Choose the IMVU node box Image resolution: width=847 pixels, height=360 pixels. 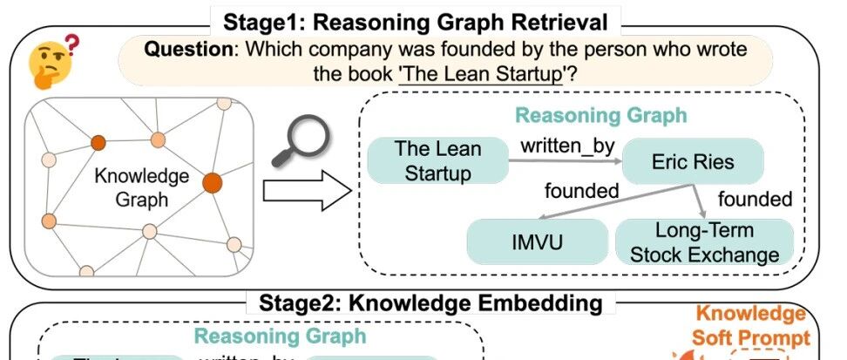click(537, 241)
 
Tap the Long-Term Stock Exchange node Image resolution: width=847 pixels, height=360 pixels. click(704, 242)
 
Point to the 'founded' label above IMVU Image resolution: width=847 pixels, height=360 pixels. click(581, 189)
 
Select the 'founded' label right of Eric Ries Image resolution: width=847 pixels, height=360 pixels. click(754, 200)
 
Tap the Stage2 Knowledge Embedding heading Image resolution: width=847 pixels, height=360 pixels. click(430, 303)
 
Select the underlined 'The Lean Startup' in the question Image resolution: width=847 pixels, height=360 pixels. click(480, 74)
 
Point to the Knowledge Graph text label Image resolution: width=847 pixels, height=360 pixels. click(141, 187)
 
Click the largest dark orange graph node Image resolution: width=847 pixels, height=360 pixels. click(212, 183)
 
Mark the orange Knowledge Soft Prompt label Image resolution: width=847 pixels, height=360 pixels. click(750, 325)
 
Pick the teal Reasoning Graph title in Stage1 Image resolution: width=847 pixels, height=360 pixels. click(600, 116)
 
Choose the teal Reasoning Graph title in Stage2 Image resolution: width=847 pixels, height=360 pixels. click(280, 336)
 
